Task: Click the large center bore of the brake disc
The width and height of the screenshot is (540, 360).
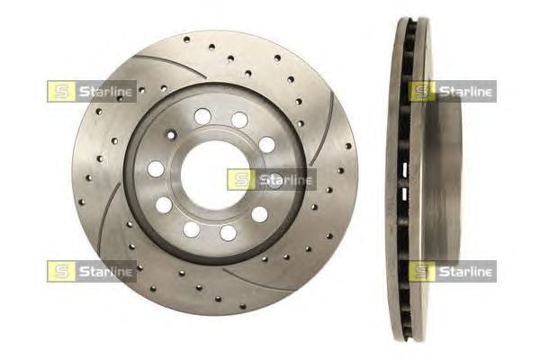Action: (x=214, y=175)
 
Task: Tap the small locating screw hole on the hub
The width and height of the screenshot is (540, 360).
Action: (x=171, y=135)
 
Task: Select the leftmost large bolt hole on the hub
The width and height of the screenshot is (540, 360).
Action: (x=156, y=169)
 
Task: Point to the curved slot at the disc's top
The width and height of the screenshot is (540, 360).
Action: (x=170, y=66)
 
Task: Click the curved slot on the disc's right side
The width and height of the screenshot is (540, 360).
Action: (x=323, y=128)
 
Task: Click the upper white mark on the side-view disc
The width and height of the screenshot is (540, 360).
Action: (x=405, y=168)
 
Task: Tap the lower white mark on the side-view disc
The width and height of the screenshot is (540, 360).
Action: (x=405, y=193)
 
